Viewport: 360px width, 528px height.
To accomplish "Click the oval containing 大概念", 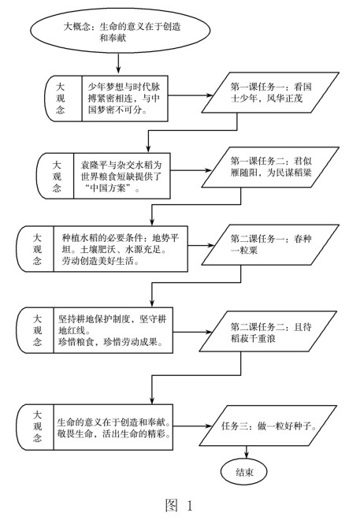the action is (120, 31).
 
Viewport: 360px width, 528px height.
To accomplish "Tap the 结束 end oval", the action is (244, 472).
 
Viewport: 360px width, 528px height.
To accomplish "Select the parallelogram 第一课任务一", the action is (270, 93).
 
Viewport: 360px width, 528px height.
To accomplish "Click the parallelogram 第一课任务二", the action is (270, 167).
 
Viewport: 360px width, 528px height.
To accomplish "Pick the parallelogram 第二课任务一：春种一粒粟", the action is (270, 245).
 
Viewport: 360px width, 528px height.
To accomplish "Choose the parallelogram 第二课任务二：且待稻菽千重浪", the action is (268, 332).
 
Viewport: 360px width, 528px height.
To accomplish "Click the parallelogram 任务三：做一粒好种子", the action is (268, 426).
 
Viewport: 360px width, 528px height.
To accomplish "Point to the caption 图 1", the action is (179, 505).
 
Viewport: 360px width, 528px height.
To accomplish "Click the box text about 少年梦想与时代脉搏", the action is (124, 99).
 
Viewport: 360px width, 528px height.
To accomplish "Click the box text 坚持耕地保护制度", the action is (113, 330).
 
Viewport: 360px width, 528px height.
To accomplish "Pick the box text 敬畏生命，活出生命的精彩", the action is (113, 433).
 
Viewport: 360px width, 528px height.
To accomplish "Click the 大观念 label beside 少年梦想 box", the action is (60, 99).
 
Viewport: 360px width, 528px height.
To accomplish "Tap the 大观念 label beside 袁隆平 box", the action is (56, 176).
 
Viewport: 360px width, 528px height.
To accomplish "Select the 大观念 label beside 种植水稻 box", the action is (37, 249).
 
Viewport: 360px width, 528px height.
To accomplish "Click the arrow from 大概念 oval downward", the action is (118, 63).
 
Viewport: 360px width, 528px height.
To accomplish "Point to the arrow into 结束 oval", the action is (247, 452).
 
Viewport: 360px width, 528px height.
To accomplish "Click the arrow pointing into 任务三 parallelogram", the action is (192, 426).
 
